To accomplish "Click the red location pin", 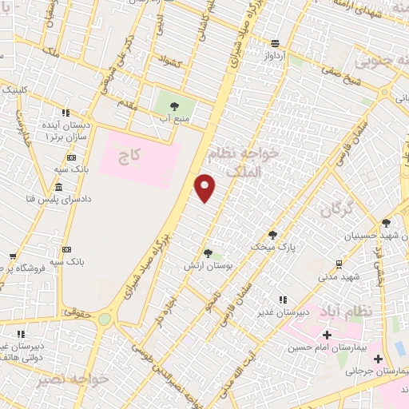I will pos(205,187).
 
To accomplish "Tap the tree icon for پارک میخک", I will pos(273,235).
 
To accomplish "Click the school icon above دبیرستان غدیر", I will pos(282,300).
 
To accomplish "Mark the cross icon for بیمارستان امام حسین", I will pos(326,335).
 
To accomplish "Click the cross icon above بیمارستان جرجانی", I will pos(399,348).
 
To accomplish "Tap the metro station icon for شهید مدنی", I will pos(339,264).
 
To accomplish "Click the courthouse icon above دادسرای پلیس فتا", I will pos(60,185).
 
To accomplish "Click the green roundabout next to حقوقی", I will pos(105,319).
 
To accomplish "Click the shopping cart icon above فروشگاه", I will pos(12,257).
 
